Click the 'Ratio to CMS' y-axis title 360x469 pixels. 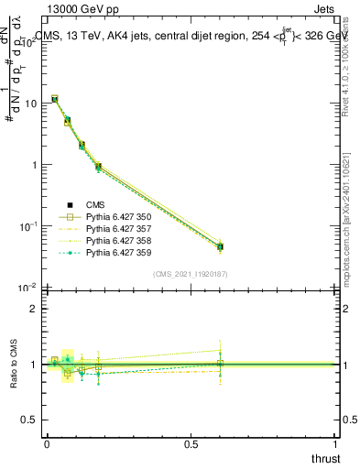(x=13, y=365)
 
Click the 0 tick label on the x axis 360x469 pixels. (x=46, y=444)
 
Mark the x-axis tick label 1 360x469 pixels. (x=336, y=444)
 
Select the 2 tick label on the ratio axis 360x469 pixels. (x=34, y=309)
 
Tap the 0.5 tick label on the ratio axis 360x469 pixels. (x=30, y=420)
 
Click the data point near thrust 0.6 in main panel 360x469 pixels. (x=220, y=246)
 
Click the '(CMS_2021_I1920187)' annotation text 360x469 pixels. (x=190, y=274)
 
